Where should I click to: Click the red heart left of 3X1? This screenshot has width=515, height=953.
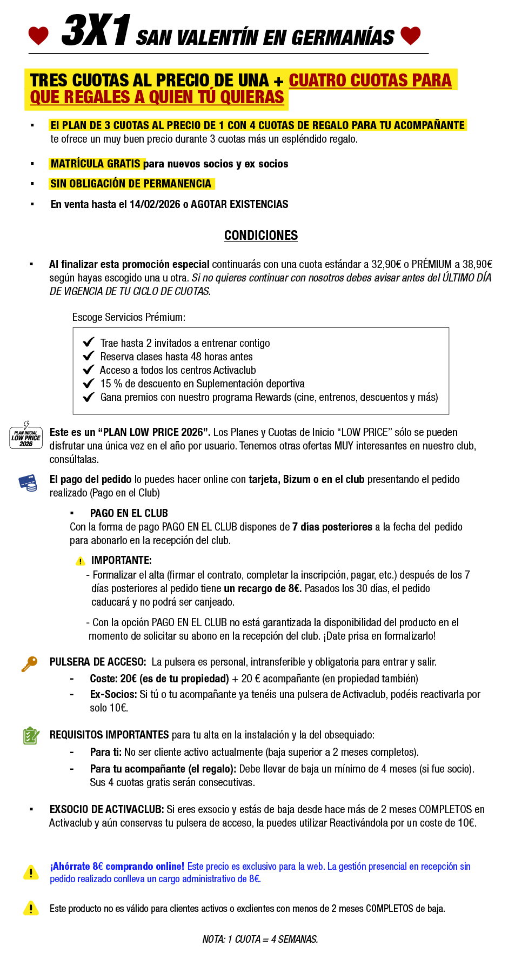[x=38, y=36]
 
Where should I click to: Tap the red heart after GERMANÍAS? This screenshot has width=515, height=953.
[x=411, y=35]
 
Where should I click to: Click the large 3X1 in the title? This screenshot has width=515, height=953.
[x=96, y=31]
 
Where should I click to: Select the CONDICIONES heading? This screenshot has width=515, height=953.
[x=261, y=236]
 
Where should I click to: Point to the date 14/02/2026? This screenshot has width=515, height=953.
[x=155, y=204]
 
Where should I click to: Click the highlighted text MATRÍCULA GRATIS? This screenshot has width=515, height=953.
[x=96, y=164]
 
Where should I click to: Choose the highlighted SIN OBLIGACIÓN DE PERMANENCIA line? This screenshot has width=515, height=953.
[x=131, y=184]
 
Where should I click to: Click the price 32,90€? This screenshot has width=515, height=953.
[x=386, y=264]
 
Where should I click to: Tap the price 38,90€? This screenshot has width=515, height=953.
[x=477, y=264]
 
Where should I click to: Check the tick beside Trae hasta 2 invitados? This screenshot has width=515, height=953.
[x=89, y=343]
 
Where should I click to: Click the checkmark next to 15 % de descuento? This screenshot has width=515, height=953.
[x=89, y=384]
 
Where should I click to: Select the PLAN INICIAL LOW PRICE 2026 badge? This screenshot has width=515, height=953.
[x=26, y=437]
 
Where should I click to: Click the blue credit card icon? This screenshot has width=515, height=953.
[x=28, y=482]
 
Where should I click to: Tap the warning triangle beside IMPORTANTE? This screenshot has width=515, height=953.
[x=81, y=561]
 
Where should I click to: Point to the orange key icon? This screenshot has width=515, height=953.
[x=29, y=663]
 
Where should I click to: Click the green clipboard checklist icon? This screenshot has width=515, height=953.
[x=31, y=735]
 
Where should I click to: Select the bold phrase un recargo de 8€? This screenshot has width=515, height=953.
[x=263, y=588]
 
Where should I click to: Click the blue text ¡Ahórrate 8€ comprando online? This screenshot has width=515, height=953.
[x=117, y=867]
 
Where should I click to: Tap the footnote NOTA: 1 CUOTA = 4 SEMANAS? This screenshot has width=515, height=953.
[x=260, y=939]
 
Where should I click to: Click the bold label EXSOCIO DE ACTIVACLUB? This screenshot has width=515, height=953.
[x=106, y=809]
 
